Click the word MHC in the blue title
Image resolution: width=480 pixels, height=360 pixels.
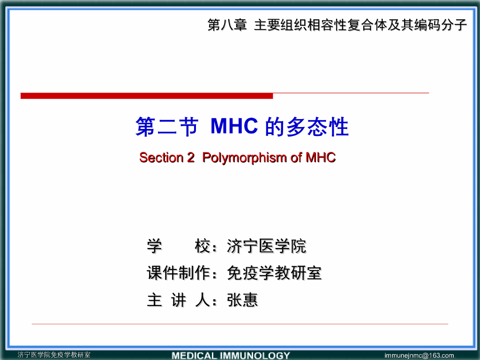click(234, 127)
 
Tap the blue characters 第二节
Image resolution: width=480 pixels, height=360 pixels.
click(166, 127)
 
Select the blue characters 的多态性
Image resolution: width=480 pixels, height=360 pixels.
click(307, 127)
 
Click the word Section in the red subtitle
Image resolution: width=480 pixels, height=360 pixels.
click(160, 158)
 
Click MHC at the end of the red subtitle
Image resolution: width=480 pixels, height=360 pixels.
click(321, 158)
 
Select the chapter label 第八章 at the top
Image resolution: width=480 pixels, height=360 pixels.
click(227, 25)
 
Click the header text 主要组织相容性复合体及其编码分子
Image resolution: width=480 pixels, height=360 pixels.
click(360, 25)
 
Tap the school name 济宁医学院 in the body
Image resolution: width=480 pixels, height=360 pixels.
click(266, 246)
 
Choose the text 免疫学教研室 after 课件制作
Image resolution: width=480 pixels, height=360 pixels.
click(274, 273)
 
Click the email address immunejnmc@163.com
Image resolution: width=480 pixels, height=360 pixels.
click(419, 355)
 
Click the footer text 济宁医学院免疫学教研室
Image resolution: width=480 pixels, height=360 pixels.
click(54, 355)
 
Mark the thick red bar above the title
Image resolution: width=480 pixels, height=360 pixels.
click(146, 96)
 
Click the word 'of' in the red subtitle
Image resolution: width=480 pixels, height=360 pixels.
click(296, 158)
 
